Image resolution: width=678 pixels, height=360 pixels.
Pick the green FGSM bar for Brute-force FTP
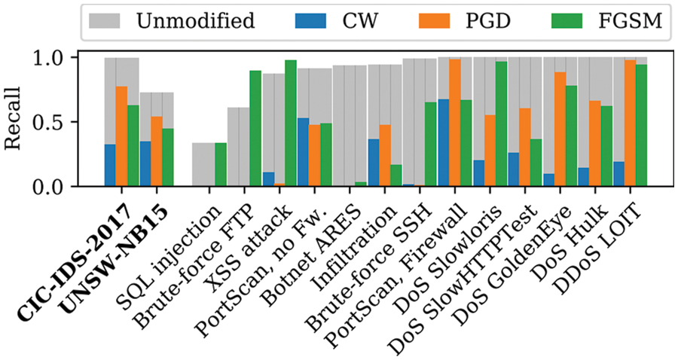click(x=255, y=128)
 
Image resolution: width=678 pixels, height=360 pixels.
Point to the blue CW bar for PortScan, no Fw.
click(x=303, y=151)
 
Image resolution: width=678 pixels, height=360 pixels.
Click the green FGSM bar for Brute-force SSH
click(x=431, y=144)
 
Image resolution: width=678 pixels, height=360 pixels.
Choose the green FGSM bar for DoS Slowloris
click(x=501, y=124)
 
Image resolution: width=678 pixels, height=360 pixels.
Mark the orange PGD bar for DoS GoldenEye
click(x=560, y=129)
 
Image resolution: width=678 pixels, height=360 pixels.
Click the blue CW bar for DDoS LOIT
click(x=619, y=173)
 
